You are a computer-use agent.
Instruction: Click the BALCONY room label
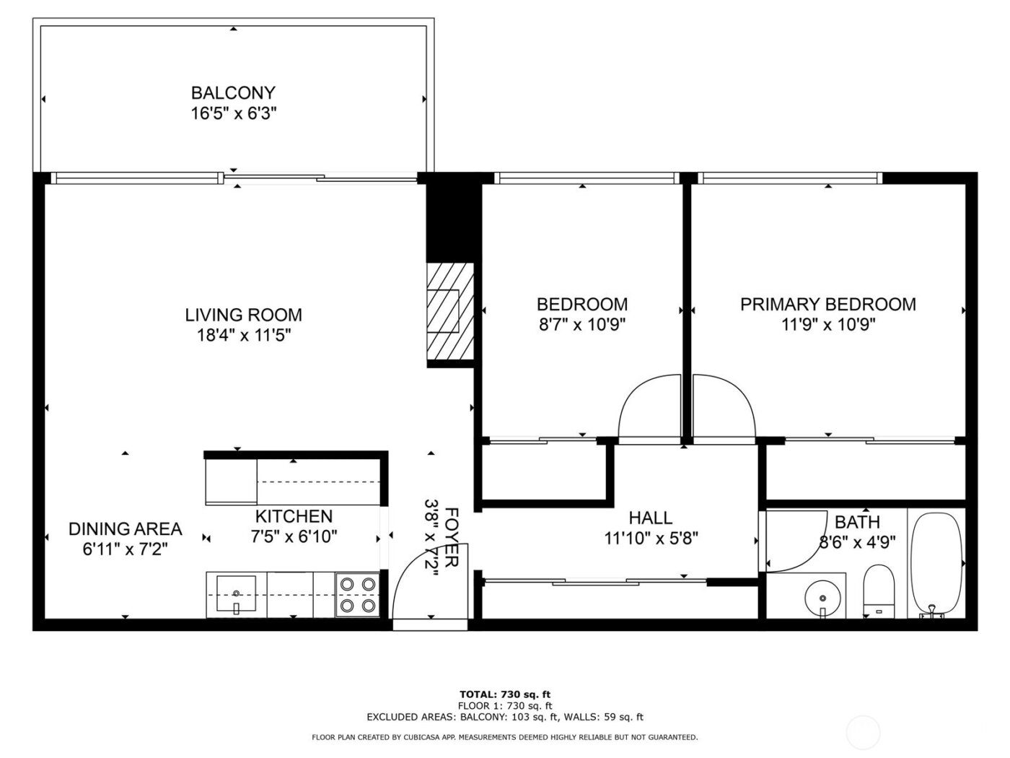pos(232,93)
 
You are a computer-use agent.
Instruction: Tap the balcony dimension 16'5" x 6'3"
pos(232,114)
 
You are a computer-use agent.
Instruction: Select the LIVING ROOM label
pos(243,315)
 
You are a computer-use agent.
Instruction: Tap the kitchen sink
pos(237,594)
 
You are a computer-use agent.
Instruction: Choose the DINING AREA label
pos(125,529)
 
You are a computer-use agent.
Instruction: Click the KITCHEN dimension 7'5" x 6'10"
pos(294,537)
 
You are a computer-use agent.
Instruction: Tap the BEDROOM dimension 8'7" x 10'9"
pos(581,325)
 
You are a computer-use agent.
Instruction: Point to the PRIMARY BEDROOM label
pos(827,304)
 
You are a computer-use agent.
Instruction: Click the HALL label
pos(650,518)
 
